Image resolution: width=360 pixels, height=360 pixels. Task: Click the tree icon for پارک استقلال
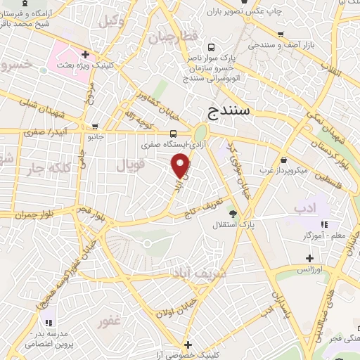[232, 214]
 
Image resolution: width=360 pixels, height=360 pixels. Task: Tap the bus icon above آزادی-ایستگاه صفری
[174, 134]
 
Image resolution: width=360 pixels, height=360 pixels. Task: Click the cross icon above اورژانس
[309, 258]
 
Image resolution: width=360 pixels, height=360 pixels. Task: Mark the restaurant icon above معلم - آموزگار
[324, 224]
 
